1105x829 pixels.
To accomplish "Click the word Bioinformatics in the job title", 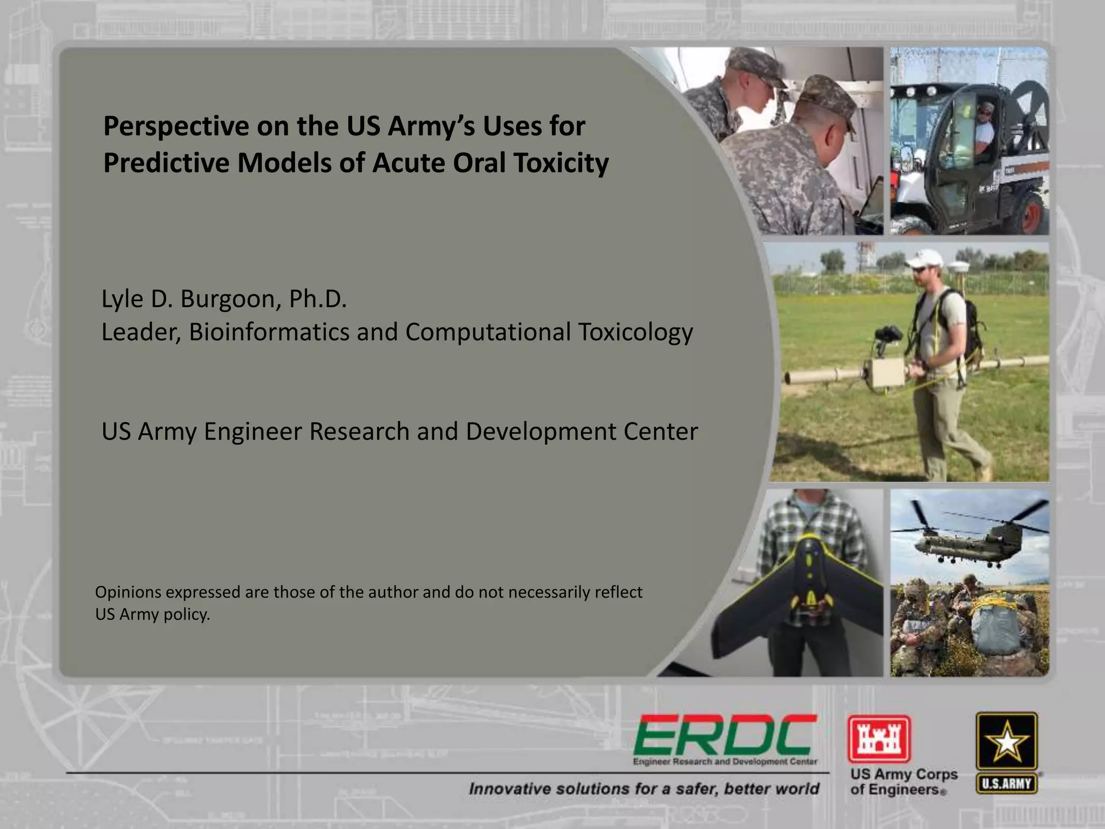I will (x=269, y=332).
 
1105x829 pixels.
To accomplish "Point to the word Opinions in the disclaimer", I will (x=128, y=592).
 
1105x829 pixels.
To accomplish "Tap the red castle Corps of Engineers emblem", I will (x=879, y=738).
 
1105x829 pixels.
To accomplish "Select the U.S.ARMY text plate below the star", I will (x=1007, y=784).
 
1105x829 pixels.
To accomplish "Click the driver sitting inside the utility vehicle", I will (x=985, y=125).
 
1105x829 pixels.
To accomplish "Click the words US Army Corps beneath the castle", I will (x=904, y=774).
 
